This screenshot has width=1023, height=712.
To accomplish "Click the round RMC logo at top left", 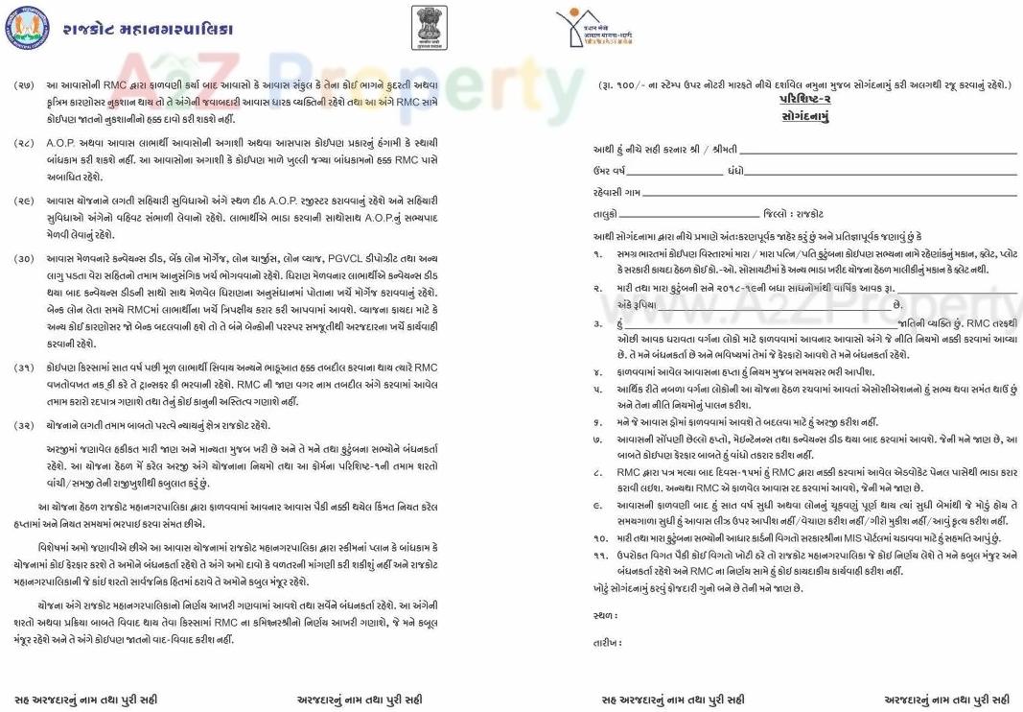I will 26,29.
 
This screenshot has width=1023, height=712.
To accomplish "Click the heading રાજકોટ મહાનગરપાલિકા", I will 148,29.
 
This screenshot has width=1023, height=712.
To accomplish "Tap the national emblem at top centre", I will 429,27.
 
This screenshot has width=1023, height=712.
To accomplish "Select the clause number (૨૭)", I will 24,86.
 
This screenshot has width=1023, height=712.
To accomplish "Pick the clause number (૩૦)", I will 24,259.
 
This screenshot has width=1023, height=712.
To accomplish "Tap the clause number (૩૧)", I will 24,368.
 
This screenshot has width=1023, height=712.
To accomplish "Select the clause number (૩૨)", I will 24,425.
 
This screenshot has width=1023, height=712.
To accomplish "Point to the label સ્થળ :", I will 605,615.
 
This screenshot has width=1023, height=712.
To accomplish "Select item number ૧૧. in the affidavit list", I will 598,556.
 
